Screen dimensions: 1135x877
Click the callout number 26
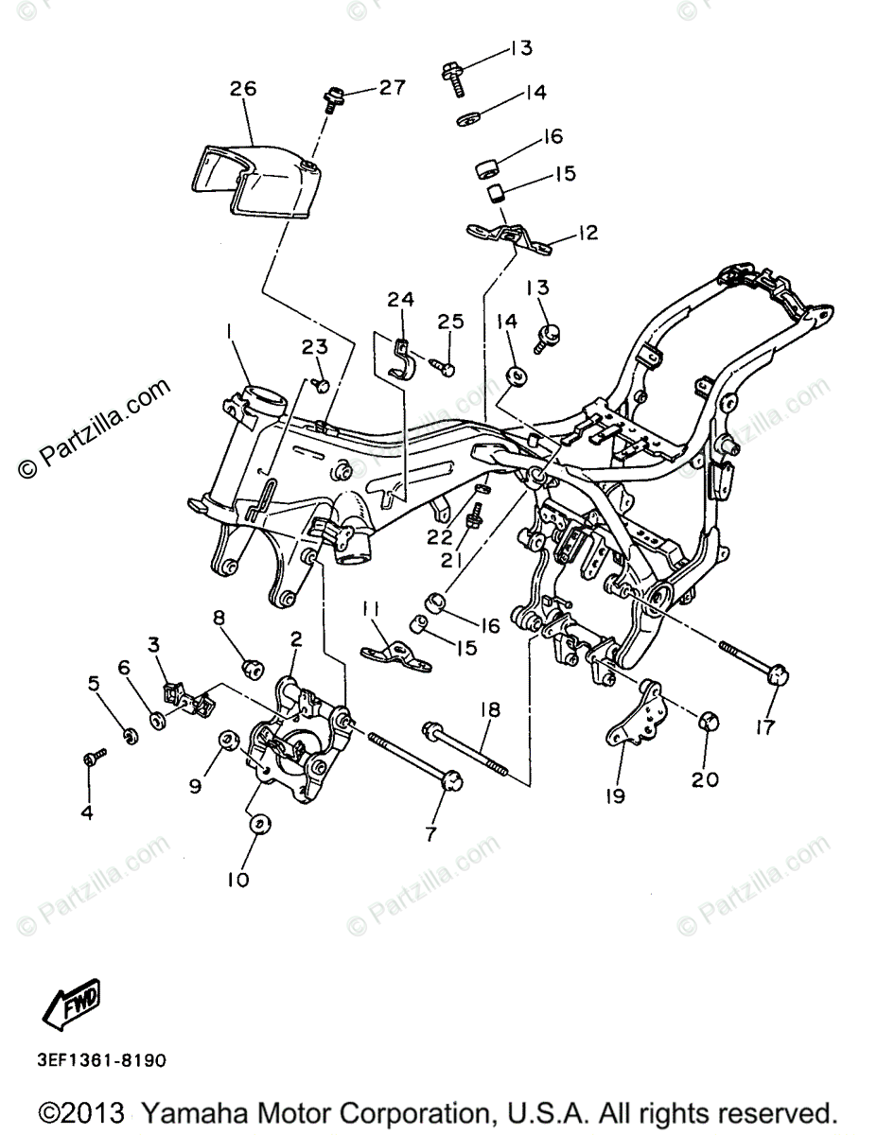coord(243,90)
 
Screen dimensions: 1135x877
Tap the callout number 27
coord(392,87)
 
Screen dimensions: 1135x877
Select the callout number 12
coord(588,232)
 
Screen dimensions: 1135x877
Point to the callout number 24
coord(400,300)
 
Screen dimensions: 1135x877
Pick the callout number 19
coord(616,796)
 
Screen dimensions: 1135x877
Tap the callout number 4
coord(88,812)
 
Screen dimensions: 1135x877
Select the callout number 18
coord(490,708)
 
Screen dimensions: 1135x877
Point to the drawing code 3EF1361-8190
coord(103,1060)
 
